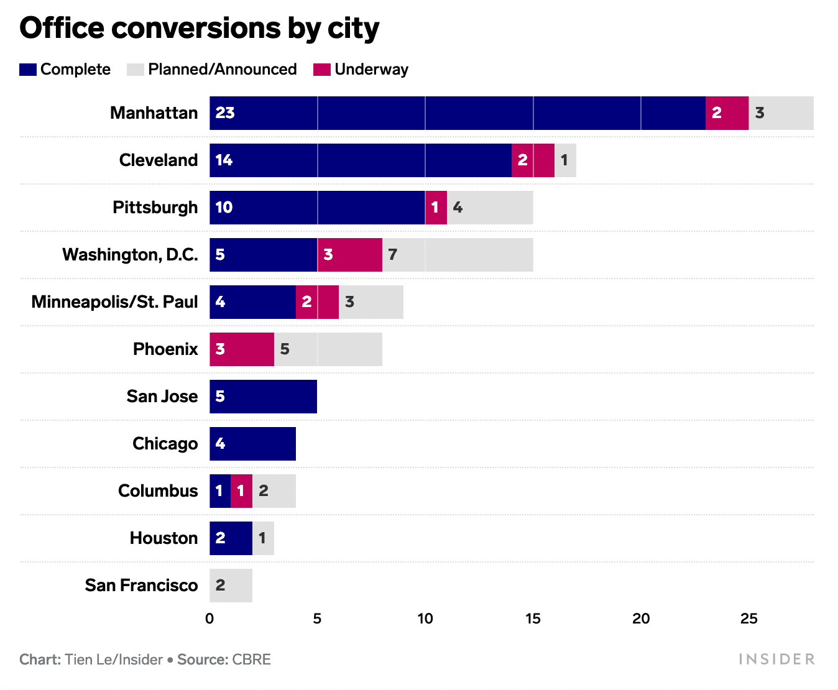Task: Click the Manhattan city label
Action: pos(154,113)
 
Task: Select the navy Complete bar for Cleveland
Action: pos(361,160)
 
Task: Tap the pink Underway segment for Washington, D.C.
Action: pos(350,255)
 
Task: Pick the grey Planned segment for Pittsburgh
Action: pos(490,208)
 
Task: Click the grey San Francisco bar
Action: pos(231,586)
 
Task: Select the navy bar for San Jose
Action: pos(263,397)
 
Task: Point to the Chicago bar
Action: pos(252,444)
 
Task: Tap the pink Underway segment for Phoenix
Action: pos(242,349)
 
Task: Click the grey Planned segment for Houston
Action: pos(263,538)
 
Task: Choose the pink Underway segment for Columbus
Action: pos(241,491)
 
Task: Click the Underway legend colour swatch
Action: pos(321,70)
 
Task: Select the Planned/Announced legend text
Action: pos(222,70)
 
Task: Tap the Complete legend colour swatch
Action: pos(28,70)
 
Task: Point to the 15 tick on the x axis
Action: pos(533,619)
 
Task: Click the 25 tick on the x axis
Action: pos(748,619)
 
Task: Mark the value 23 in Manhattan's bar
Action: pos(225,113)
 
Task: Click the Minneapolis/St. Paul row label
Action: pos(114,302)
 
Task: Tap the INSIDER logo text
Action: pos(776,660)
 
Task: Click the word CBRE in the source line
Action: pos(252,660)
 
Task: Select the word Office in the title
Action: pos(62,29)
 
